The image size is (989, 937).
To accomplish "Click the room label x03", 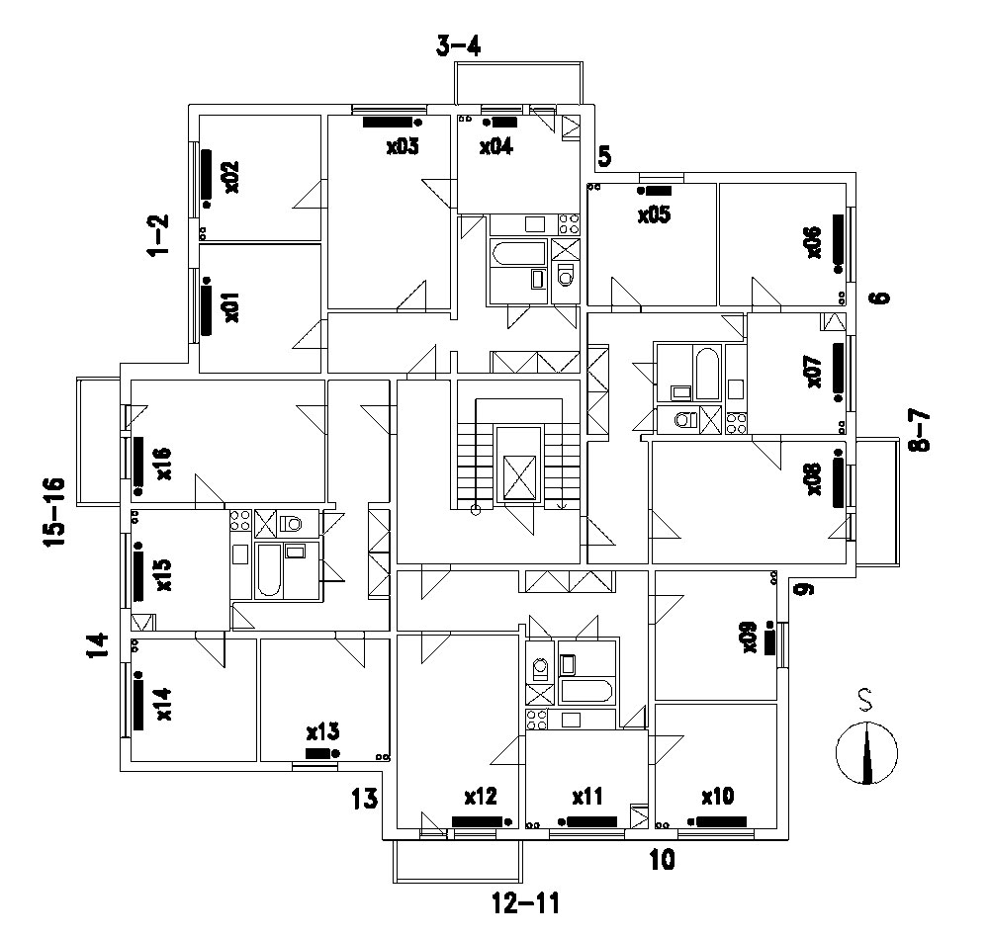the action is tap(403, 147).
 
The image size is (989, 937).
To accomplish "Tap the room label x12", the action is tap(481, 797).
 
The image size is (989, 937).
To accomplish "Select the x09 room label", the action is tap(750, 638).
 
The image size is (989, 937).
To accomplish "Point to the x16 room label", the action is tap(164, 464).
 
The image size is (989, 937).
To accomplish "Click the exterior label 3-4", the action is tap(459, 46).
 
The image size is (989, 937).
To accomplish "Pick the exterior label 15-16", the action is tap(54, 513).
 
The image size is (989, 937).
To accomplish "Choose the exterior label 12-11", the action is tap(525, 903).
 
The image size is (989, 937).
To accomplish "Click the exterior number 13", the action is tap(365, 799).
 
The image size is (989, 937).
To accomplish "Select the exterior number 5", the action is tap(604, 156).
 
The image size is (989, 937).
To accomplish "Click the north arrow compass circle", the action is tap(866, 753).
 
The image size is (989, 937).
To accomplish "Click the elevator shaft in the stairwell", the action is tap(519, 465).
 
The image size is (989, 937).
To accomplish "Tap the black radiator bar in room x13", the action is tap(317, 753).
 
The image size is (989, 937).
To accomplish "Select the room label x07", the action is tap(814, 372).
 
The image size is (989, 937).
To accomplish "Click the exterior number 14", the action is tap(98, 645).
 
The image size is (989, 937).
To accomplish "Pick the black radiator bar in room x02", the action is tap(207, 175).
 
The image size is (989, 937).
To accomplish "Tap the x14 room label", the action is tap(164, 705).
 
